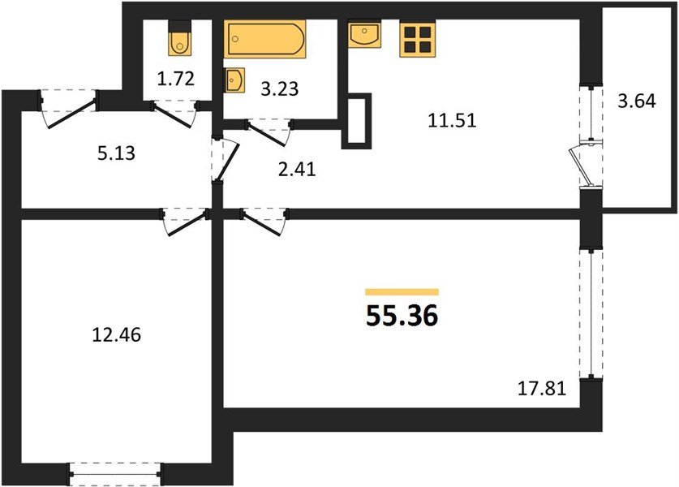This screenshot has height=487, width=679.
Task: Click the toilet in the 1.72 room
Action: tap(178, 40)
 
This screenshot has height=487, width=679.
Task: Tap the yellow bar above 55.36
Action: tap(402, 291)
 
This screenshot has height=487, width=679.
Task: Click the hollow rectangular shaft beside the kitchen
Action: tap(356, 122)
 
